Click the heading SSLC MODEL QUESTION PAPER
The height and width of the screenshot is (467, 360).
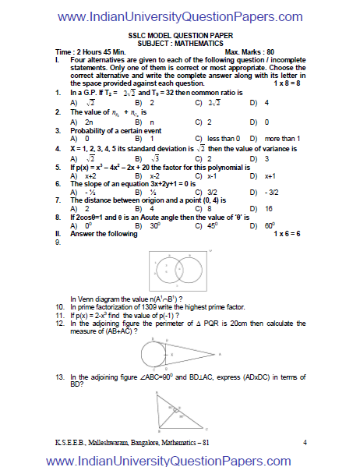pos(179,36)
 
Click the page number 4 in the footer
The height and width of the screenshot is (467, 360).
pos(305,443)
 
